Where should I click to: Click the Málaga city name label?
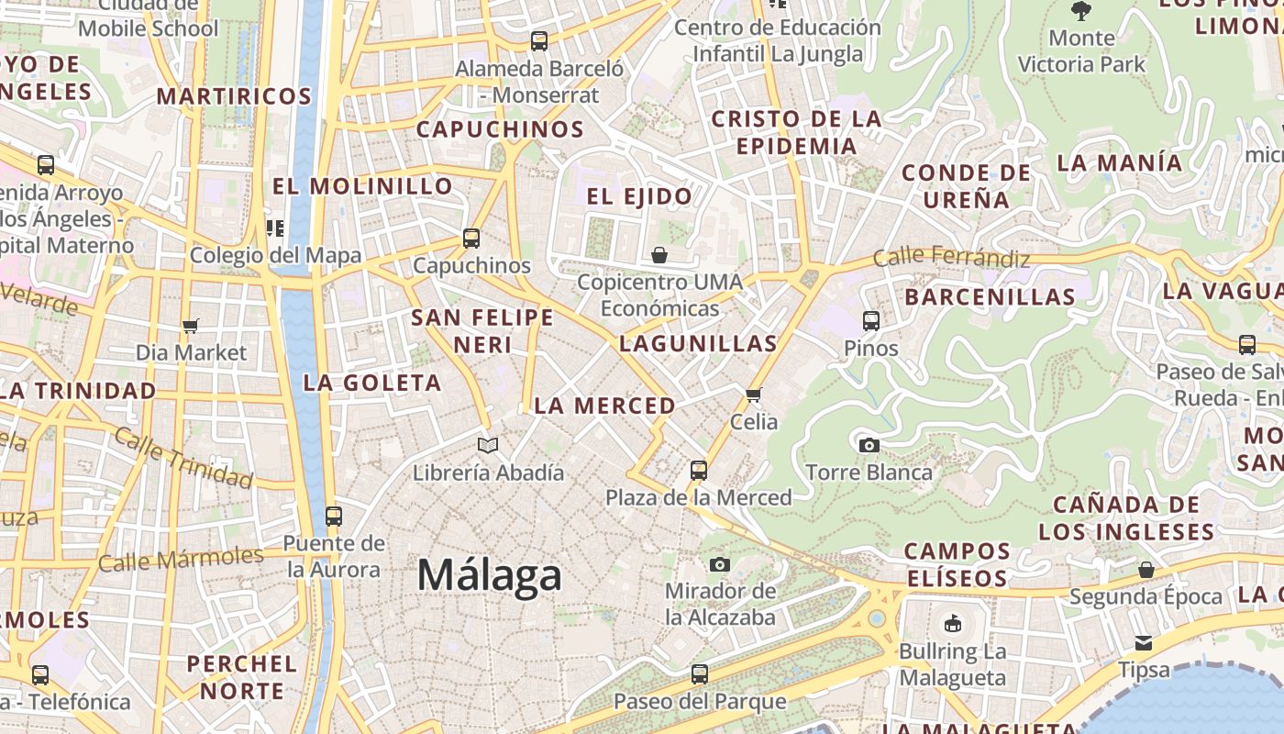[x=489, y=575]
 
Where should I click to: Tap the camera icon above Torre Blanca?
[x=869, y=446]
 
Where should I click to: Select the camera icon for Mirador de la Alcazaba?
[x=720, y=564]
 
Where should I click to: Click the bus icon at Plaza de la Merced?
[x=699, y=471]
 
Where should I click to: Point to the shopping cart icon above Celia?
[x=754, y=395]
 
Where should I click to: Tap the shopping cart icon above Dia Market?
[x=191, y=327]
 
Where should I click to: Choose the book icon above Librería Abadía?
[x=488, y=446]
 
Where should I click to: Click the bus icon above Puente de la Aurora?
[x=334, y=516]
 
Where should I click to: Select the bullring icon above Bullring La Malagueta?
[x=953, y=624]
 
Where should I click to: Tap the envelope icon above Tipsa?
[x=1144, y=642]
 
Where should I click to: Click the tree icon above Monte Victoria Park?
[x=1081, y=11]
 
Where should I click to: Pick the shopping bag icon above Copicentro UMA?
[x=659, y=255]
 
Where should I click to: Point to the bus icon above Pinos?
[x=871, y=321]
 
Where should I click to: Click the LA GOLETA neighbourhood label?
[x=372, y=383]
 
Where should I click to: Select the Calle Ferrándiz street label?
[x=951, y=258]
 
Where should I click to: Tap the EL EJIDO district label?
[x=640, y=196]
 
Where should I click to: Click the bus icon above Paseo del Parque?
[x=700, y=674]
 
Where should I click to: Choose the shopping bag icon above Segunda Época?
[x=1146, y=571]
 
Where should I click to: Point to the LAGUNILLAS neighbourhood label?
[x=698, y=344]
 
